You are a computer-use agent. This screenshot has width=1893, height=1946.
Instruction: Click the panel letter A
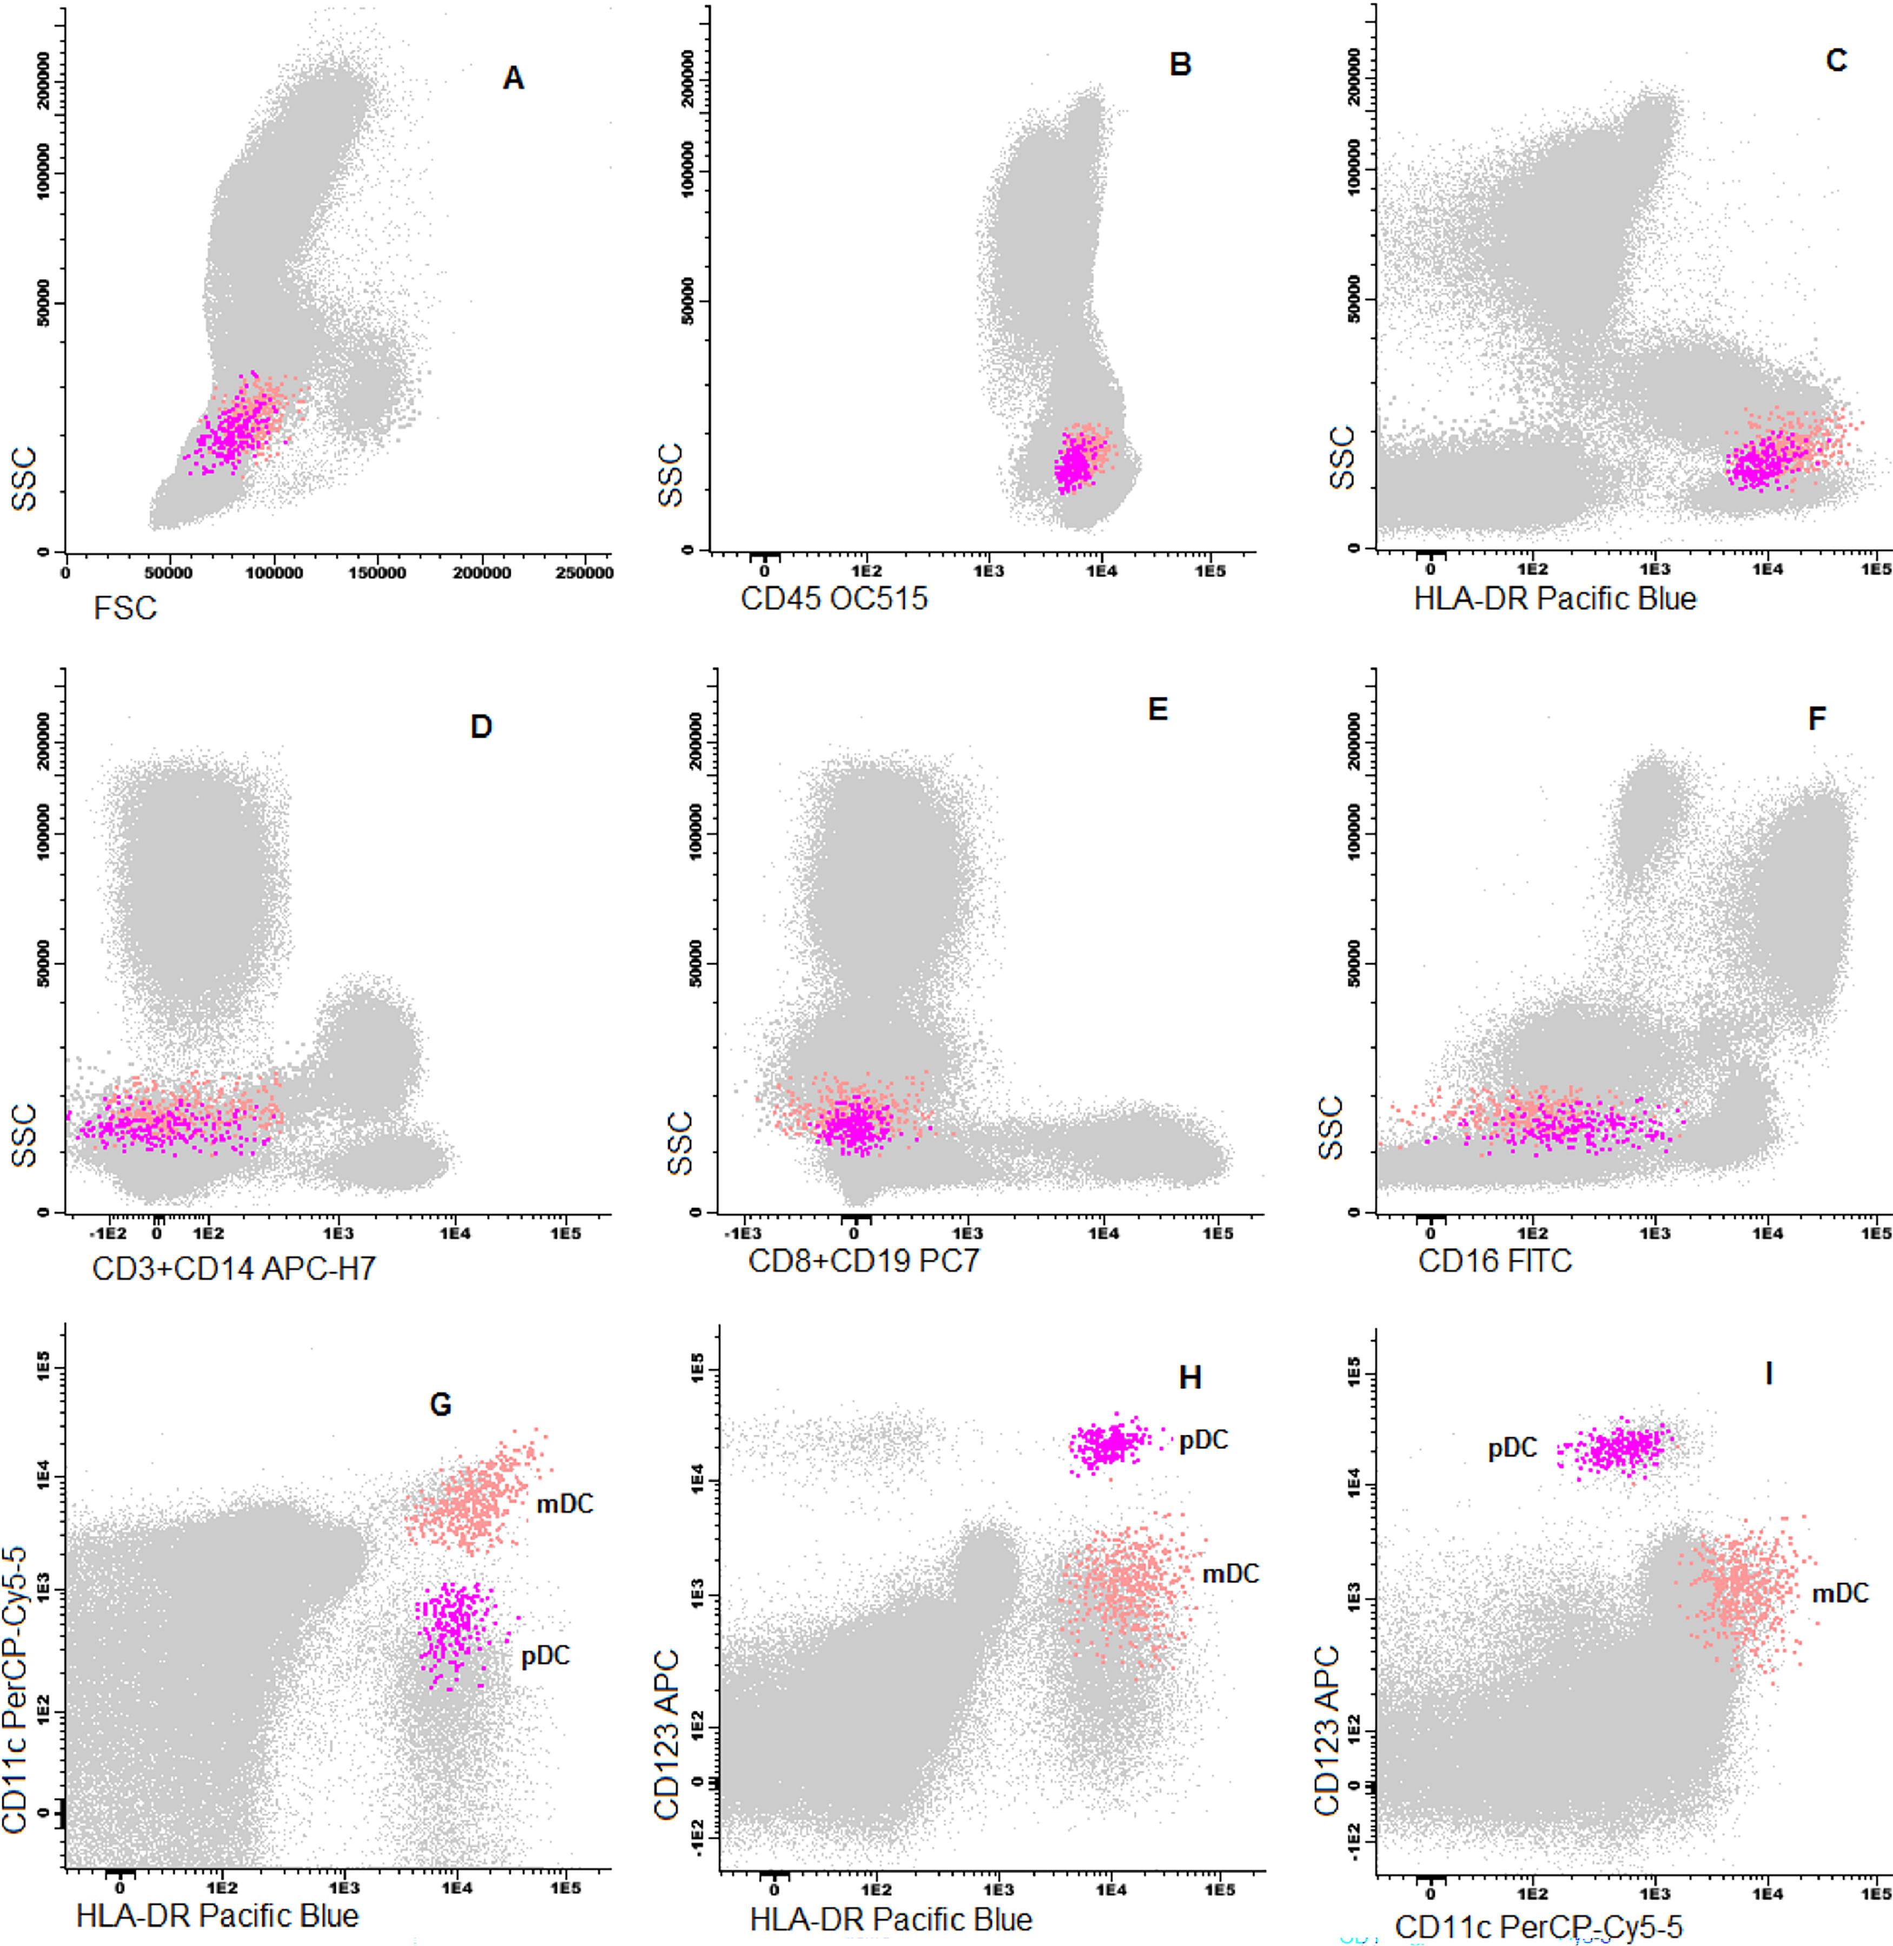tap(513, 77)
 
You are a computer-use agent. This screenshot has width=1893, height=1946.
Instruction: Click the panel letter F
tap(1816, 718)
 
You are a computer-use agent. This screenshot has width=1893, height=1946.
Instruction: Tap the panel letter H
tap(1190, 1377)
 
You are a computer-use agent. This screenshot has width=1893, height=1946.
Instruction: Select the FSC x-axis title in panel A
tap(125, 607)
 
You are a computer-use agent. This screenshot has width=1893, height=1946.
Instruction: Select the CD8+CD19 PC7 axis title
tap(863, 1261)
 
